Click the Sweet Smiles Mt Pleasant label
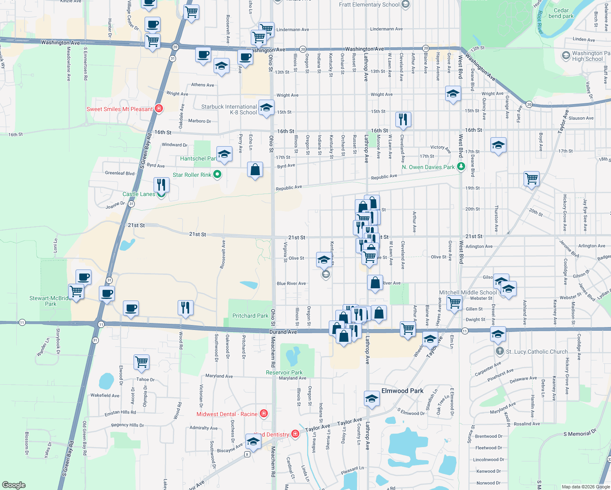coord(120,109)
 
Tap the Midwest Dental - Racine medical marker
coord(264,414)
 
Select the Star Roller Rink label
coord(192,175)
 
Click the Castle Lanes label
coord(139,194)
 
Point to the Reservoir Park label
coord(284,372)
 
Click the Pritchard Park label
coord(250,316)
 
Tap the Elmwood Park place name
coord(402,391)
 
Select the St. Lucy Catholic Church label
coord(537,352)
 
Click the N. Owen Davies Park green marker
coord(461,166)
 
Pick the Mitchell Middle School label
coord(468,292)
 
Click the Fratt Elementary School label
coord(369,4)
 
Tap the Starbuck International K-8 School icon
coord(266,108)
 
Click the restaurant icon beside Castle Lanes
coord(161,185)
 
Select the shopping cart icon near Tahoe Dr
coord(141,362)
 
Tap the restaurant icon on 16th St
coord(403,119)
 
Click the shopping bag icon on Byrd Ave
coord(255,169)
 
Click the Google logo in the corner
coord(14,485)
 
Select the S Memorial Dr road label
coord(580,434)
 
